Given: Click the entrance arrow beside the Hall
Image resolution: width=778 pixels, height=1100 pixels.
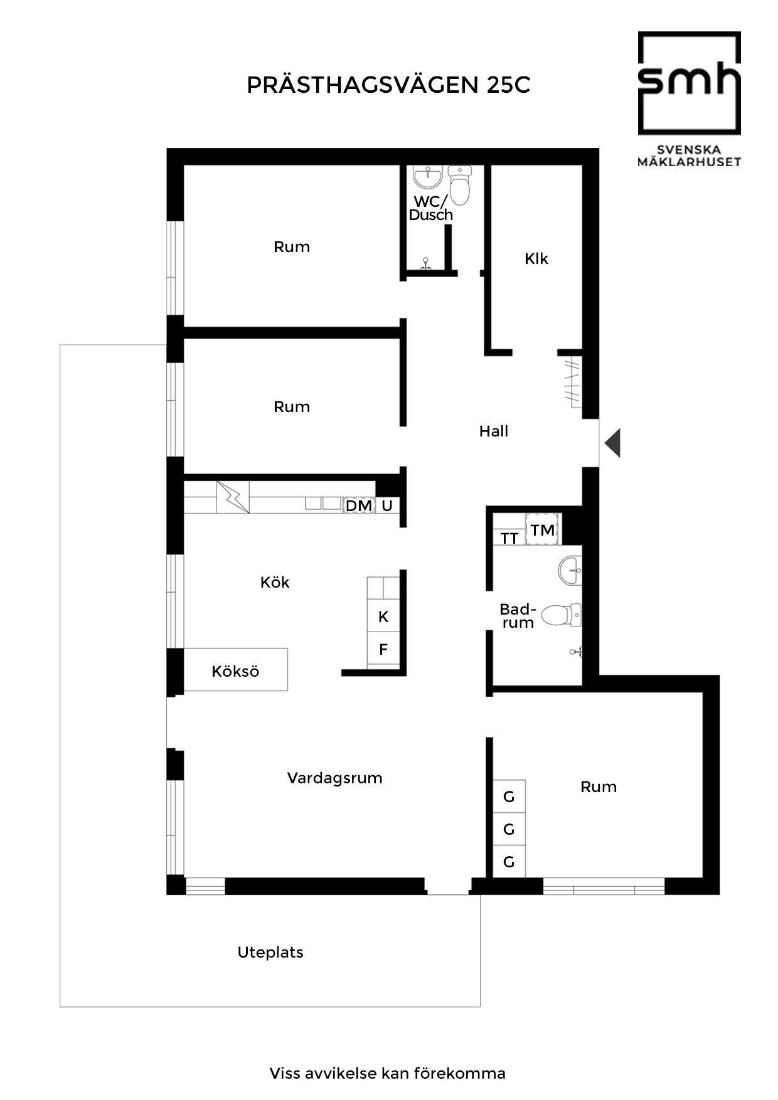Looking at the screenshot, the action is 613,443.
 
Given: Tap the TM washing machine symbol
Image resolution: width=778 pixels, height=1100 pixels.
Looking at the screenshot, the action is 543,530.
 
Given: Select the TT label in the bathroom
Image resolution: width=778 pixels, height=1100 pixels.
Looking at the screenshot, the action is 509,539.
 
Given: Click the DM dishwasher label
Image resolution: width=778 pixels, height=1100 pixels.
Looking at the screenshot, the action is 359,505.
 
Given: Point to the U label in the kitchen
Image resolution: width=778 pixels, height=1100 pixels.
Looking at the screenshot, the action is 387,505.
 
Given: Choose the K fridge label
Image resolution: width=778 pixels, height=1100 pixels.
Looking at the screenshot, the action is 383,617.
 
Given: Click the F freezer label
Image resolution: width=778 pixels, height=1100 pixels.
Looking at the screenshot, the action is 383,650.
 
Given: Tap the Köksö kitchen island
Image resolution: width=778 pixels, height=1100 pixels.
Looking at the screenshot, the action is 235,670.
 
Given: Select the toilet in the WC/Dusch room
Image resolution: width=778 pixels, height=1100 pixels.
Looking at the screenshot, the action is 460,186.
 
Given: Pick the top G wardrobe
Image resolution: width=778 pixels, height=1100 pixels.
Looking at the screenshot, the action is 509,796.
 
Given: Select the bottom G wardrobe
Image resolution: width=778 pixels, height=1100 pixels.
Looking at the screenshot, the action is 509,862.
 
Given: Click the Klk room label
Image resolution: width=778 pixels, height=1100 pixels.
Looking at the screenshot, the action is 536,258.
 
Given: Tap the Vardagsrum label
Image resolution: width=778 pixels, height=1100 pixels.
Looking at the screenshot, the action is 334,778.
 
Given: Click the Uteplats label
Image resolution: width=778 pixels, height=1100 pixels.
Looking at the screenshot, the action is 270,953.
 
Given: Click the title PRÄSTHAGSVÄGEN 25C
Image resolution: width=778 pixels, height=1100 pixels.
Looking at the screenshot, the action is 388,85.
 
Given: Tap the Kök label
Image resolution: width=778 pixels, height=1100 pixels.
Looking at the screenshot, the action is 275,582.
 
